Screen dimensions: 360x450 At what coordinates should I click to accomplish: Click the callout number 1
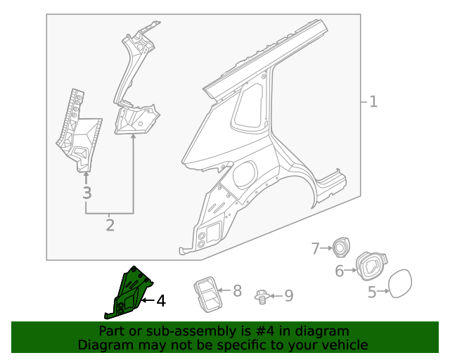[373, 102]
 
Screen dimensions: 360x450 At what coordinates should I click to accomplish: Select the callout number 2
[110, 225]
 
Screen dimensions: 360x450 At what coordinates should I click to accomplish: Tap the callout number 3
[86, 193]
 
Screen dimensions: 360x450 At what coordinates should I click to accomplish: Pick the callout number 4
[161, 301]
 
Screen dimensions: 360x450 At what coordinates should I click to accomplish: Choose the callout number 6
[339, 271]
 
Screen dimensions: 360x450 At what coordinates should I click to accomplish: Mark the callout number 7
[316, 247]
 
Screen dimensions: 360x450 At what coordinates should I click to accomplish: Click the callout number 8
[237, 290]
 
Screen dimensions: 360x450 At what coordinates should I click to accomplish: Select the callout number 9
[288, 297]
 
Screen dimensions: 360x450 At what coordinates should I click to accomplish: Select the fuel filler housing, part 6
[370, 266]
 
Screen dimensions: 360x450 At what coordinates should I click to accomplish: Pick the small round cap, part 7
[342, 247]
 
